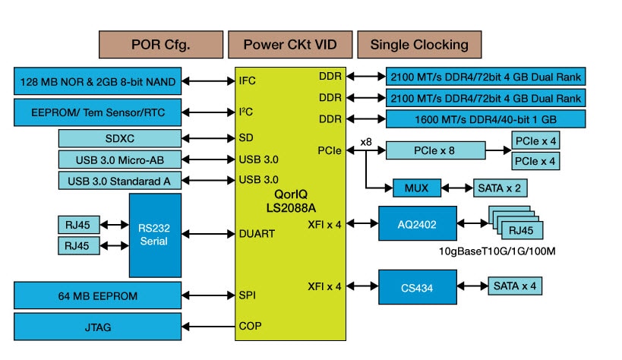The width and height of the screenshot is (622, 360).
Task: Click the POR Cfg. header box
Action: (x=160, y=44)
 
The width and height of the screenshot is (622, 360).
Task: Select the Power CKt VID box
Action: (x=289, y=44)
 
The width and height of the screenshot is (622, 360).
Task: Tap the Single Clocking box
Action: (x=419, y=44)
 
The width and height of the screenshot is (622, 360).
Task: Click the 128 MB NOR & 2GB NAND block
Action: (x=99, y=81)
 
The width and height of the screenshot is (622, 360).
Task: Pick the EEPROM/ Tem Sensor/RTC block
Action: (x=99, y=113)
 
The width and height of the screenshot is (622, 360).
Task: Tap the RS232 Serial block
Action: (x=155, y=235)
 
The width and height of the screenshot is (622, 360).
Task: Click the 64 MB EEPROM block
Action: (x=99, y=294)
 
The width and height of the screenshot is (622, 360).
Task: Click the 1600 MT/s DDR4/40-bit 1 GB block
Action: (x=486, y=118)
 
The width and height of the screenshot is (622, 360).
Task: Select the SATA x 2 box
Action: (x=499, y=187)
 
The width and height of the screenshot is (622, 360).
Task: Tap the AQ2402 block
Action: (x=418, y=223)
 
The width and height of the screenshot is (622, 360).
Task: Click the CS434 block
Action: (x=418, y=286)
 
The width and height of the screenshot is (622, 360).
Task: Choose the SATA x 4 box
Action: (x=514, y=286)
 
